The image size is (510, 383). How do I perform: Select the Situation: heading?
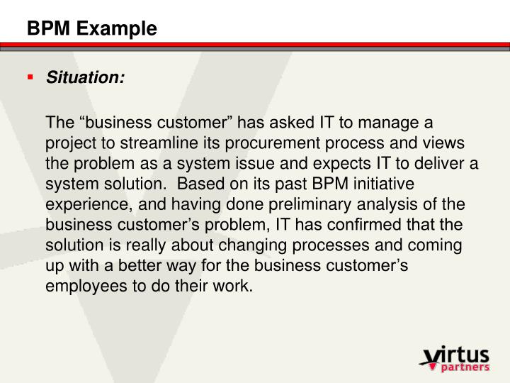click(x=85, y=77)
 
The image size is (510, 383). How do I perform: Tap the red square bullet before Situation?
click(x=30, y=77)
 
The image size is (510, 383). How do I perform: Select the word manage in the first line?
click(x=402, y=122)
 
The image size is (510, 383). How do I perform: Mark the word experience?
click(x=79, y=205)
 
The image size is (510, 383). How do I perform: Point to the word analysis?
click(x=341, y=205)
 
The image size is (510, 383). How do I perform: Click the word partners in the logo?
click(x=464, y=367)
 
